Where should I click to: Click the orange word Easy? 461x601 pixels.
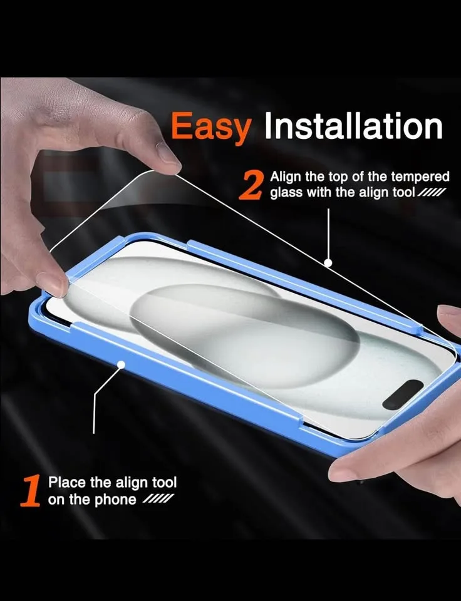click(x=210, y=128)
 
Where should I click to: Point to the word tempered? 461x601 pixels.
click(x=422, y=176)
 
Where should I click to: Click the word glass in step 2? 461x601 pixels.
click(x=285, y=192)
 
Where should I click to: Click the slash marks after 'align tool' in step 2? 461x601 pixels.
click(x=432, y=192)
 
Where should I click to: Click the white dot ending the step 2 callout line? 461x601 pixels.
click(x=328, y=263)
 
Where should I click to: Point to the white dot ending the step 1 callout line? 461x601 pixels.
click(x=120, y=364)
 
